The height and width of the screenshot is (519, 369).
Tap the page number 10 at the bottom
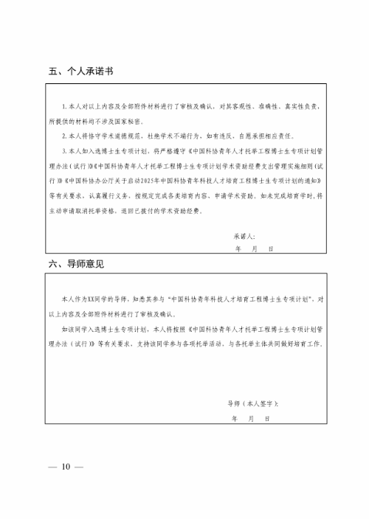pos(66,466)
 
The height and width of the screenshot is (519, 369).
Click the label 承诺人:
pos(244,236)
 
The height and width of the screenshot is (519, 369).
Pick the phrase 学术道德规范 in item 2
pos(115,136)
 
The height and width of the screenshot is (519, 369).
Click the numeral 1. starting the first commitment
pos(64,107)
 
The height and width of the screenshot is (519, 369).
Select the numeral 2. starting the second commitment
pos(64,136)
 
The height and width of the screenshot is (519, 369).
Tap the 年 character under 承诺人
pos(238,249)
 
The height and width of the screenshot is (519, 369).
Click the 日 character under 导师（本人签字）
pos(271,418)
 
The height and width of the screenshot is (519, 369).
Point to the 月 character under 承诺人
pos(255,249)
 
